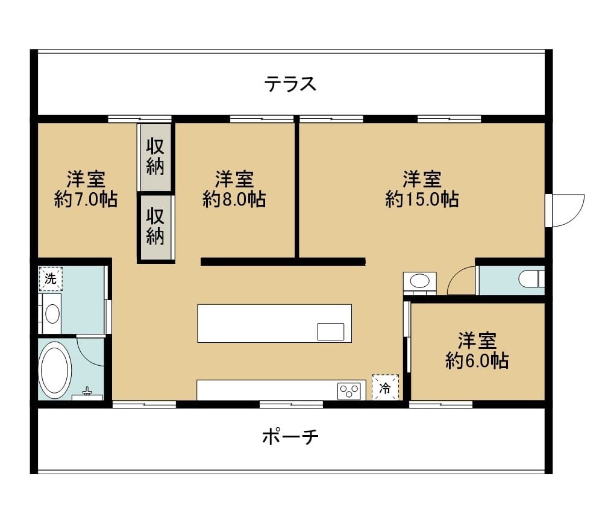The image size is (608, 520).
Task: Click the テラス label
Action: (290, 83)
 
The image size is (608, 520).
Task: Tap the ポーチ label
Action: (290, 437)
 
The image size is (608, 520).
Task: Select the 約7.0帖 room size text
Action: (86, 199)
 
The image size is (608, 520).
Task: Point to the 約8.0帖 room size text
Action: (234, 199)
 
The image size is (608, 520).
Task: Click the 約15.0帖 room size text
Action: (422, 199)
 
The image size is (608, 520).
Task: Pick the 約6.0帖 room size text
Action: (477, 361)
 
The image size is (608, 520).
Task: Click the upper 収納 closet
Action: (155, 157)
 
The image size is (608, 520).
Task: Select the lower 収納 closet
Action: (155, 227)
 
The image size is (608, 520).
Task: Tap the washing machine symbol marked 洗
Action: (51, 279)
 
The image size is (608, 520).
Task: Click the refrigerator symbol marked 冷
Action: (385, 387)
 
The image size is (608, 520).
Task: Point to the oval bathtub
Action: (55, 370)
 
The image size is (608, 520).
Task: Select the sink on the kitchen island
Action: (331, 331)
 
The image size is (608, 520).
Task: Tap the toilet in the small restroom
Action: (531, 279)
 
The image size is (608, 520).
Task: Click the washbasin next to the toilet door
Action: (419, 281)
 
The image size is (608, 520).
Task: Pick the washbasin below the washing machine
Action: (52, 313)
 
